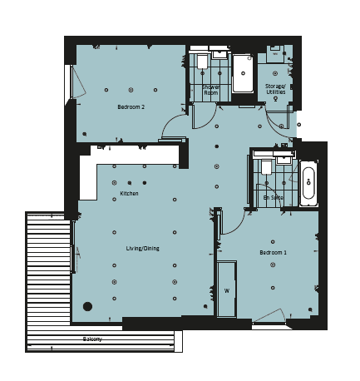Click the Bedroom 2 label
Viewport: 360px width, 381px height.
click(x=131, y=106)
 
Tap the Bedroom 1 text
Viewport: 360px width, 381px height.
click(x=273, y=253)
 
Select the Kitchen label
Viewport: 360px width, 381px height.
click(x=129, y=193)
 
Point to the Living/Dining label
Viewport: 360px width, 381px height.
click(x=142, y=249)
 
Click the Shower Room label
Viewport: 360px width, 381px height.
click(x=211, y=90)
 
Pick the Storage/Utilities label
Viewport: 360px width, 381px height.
click(x=275, y=89)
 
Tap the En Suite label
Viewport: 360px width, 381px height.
click(x=273, y=198)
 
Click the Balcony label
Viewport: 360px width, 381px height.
click(x=92, y=339)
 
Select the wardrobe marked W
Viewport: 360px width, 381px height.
click(x=227, y=289)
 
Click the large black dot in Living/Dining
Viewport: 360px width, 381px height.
click(x=87, y=306)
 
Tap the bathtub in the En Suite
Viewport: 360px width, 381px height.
click(x=308, y=183)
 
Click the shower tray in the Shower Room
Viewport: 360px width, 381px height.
click(x=243, y=73)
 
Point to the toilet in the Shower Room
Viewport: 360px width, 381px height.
click(x=202, y=61)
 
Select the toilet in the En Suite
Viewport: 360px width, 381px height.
click(x=267, y=167)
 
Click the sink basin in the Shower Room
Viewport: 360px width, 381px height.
click(x=219, y=54)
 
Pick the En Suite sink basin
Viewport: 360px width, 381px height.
click(x=284, y=160)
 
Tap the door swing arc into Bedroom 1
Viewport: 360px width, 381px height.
click(x=238, y=227)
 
